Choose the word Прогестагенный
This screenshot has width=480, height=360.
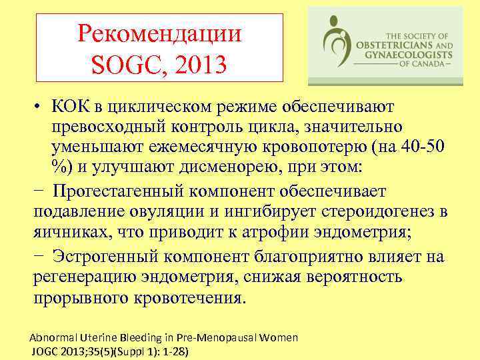coord(121,192)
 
